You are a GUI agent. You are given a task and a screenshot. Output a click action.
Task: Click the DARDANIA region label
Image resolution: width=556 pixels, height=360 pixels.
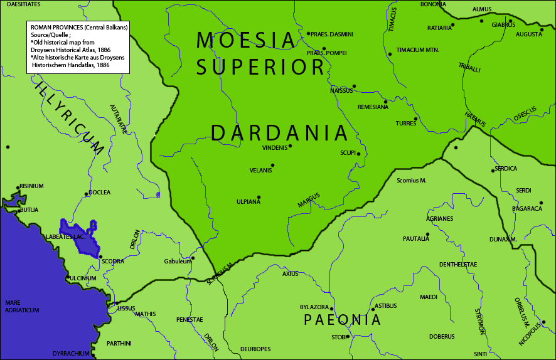point(279,133)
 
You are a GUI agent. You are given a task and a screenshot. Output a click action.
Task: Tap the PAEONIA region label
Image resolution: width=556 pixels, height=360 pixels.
point(343,320)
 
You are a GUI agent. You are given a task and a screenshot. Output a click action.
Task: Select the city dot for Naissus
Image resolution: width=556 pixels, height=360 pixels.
point(354,86)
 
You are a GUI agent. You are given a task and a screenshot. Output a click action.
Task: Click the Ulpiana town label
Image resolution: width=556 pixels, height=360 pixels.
point(249,202)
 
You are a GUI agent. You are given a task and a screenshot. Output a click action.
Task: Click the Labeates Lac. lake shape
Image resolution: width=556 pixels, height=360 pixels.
point(80,238)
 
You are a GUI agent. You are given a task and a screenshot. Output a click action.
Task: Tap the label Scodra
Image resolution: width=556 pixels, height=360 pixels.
point(113,262)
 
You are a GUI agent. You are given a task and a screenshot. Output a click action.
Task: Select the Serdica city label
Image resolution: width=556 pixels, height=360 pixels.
point(506,169)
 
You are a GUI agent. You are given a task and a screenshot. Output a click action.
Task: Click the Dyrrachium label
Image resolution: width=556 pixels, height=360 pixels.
point(71,354)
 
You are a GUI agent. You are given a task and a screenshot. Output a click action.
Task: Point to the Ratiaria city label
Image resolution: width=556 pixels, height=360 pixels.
point(439,28)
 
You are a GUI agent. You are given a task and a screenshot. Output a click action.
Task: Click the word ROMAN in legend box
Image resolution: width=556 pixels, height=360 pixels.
point(42,28)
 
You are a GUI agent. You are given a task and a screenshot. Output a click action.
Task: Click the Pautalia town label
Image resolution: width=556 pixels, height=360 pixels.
point(416,239)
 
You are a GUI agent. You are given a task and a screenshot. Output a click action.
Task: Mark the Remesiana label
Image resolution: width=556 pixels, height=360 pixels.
point(373,107)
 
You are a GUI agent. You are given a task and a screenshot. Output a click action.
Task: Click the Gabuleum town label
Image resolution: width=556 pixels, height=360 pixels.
point(178,262)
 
